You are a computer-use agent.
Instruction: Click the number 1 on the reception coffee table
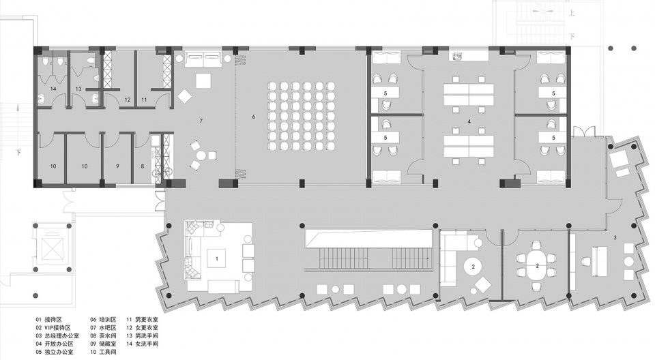[x=217, y=259]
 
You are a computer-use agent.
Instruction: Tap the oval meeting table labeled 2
[x=537, y=266]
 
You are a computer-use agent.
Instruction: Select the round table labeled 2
[x=474, y=267]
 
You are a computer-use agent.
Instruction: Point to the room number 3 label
[x=615, y=238]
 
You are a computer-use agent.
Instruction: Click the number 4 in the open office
[x=469, y=121]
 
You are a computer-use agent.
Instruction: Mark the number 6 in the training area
[x=254, y=117]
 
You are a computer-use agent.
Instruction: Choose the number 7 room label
[x=201, y=121]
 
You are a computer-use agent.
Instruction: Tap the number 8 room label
[x=143, y=166]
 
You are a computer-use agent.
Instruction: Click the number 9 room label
[x=118, y=166]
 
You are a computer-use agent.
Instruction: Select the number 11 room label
[x=144, y=100]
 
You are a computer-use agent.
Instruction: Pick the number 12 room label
[x=128, y=100]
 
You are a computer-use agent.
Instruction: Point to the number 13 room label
[x=78, y=89]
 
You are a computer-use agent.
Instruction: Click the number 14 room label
[x=53, y=89]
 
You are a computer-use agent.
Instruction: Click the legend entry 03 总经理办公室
[x=55, y=335]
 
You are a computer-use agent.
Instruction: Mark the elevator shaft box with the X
[x=53, y=248]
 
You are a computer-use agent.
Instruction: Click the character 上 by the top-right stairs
[x=572, y=13]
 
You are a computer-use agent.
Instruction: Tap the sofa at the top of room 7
[x=204, y=59]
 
